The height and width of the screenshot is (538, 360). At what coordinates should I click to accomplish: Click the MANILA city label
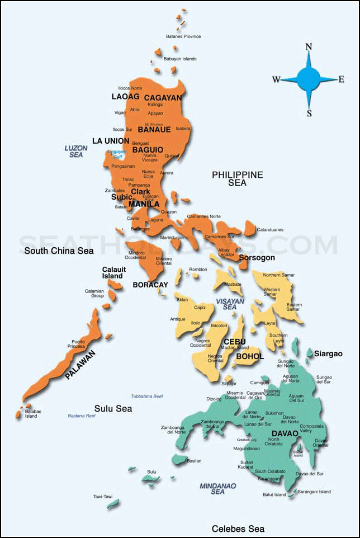click(x=144, y=204)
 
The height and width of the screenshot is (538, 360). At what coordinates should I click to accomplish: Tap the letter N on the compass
click(x=308, y=47)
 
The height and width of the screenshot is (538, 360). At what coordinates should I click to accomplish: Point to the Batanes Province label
click(x=183, y=37)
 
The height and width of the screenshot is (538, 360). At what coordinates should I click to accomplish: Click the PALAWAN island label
click(x=80, y=365)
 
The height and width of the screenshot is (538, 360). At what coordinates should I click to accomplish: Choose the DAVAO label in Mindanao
click(x=285, y=433)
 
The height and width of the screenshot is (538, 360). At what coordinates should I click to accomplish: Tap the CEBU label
click(x=235, y=342)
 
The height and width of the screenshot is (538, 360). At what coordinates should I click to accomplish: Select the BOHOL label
click(x=250, y=356)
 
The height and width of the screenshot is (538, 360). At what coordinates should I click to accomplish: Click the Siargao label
click(x=328, y=354)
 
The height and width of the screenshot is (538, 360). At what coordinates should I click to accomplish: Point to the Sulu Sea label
click(x=113, y=409)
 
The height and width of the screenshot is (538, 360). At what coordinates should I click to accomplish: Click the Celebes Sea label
click(x=238, y=528)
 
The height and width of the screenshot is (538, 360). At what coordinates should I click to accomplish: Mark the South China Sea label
click(x=59, y=251)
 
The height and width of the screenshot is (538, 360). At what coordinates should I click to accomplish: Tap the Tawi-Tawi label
click(x=103, y=496)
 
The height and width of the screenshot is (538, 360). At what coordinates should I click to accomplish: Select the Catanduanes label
click(x=270, y=230)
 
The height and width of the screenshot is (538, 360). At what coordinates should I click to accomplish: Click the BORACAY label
click(x=150, y=285)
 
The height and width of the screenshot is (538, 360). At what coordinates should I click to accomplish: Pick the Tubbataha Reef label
click(x=147, y=396)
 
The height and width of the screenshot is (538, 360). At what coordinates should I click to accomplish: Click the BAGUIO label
click(x=148, y=150)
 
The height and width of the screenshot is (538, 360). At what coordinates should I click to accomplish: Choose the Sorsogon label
click(x=257, y=258)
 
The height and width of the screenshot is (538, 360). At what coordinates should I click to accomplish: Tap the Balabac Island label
click(x=31, y=414)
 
